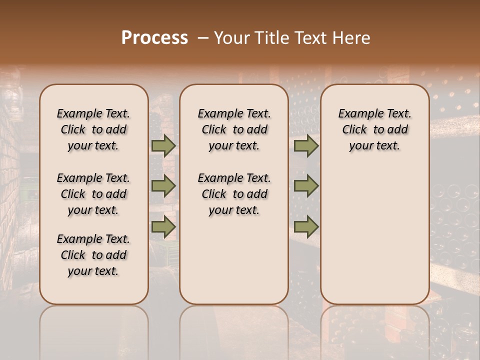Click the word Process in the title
(154, 38)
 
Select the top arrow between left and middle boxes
(163, 145)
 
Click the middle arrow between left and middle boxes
(163, 186)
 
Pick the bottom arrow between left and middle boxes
(163, 226)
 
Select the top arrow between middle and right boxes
(306, 145)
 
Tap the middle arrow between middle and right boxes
(306, 186)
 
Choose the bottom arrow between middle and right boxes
(306, 226)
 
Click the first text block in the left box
(93, 129)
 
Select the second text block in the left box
(93, 194)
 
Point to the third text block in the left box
(93, 255)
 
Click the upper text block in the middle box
(234, 129)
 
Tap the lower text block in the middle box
(234, 194)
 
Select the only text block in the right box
(374, 129)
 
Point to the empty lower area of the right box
(374, 235)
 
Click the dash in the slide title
(202, 38)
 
